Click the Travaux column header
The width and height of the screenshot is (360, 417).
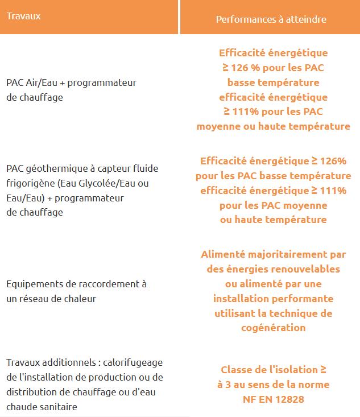(x=23, y=16)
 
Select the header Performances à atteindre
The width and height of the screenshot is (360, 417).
(x=271, y=19)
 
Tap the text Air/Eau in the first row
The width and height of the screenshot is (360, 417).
(x=42, y=83)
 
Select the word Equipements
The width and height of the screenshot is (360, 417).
(x=32, y=284)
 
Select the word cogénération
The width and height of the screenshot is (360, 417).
(x=274, y=328)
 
